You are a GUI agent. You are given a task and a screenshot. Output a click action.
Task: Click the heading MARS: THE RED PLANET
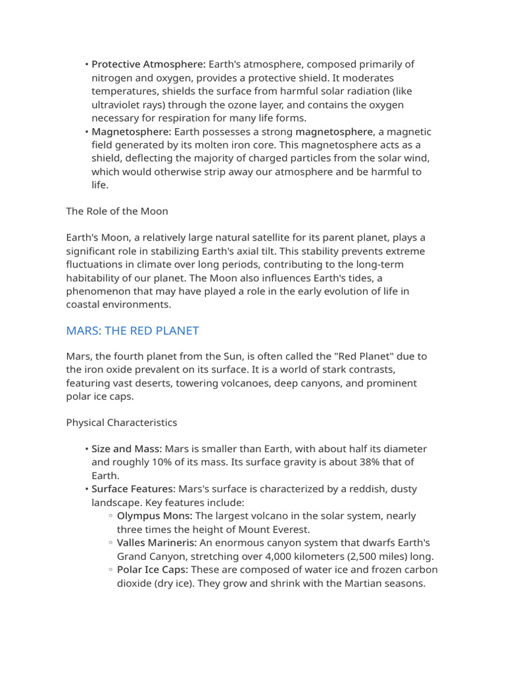coord(132,331)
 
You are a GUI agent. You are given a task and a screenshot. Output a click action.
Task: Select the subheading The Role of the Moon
coord(117,211)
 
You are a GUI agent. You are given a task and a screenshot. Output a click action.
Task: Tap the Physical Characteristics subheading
coord(122,422)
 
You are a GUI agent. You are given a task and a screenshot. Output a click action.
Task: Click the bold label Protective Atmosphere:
coord(149,64)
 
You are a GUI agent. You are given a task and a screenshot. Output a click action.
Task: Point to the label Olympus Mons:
coord(155,516)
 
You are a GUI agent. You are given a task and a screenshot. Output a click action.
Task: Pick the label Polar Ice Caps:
coord(153,570)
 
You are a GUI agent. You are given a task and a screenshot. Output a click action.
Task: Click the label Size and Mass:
coord(126,449)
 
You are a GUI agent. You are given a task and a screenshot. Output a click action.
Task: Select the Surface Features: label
coord(133,489)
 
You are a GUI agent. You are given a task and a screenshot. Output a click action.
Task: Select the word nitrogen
coord(113,78)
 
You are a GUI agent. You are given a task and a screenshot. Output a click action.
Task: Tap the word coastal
coord(84,304)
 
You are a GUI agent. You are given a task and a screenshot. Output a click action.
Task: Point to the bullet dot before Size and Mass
coord(86,449)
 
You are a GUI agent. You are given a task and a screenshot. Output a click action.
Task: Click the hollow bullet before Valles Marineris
coord(111,543)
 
